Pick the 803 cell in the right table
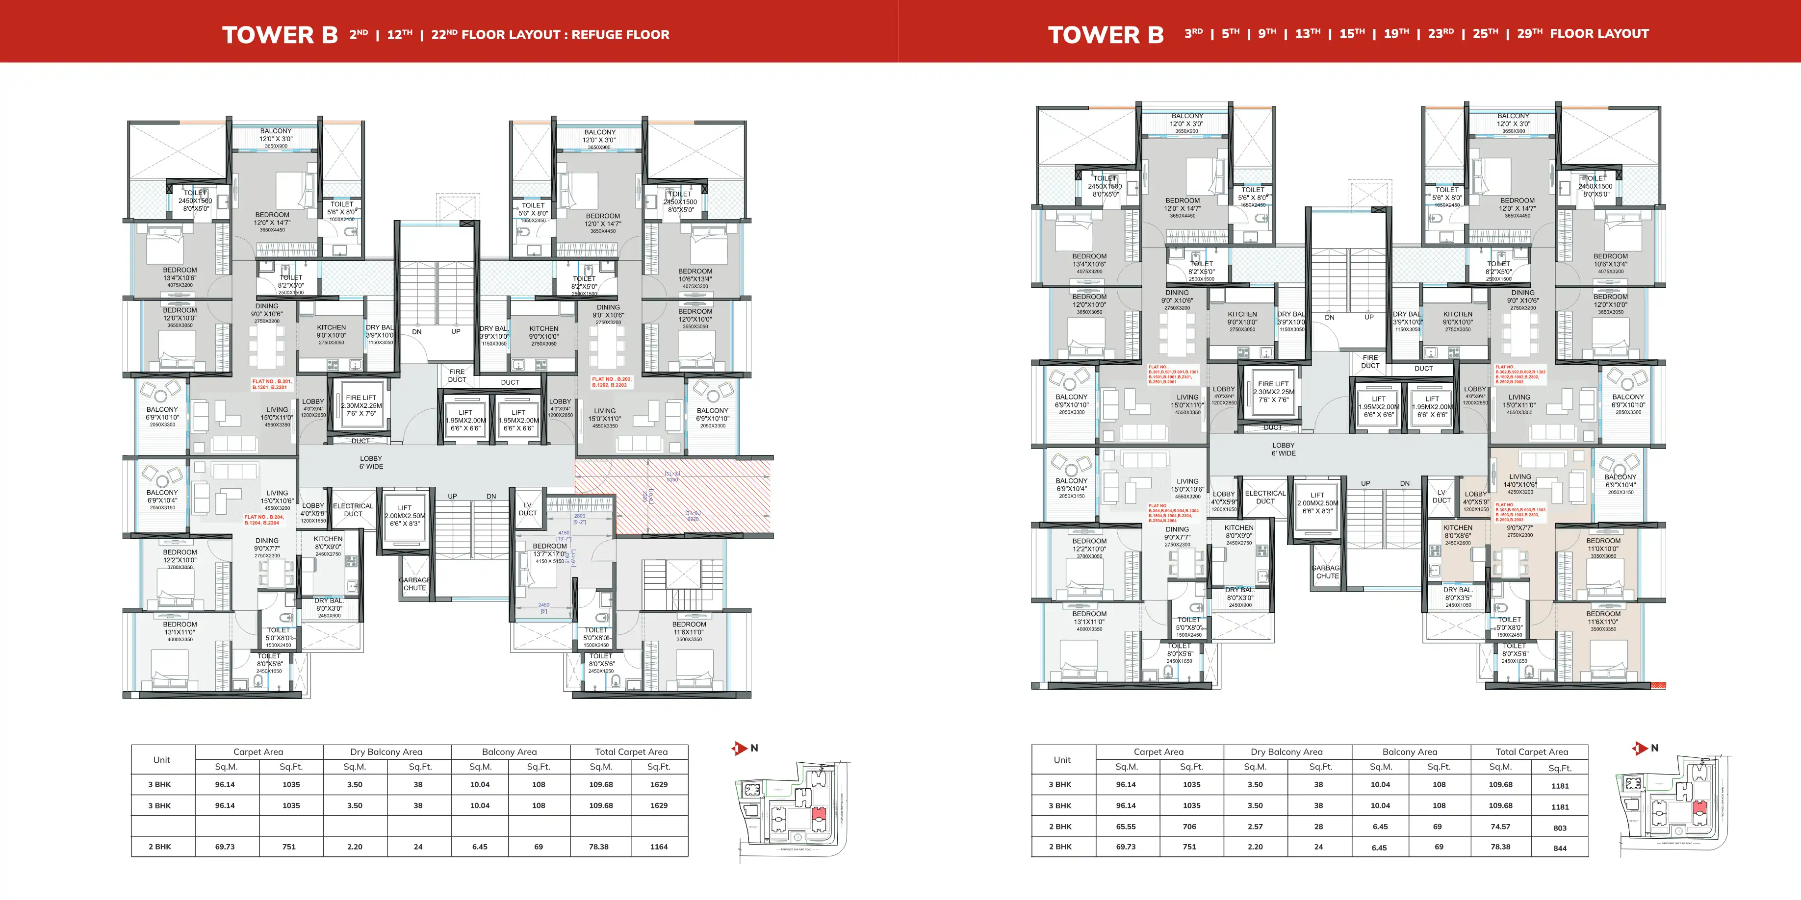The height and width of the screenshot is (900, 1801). tap(1560, 828)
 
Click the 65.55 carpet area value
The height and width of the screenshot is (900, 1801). tap(1126, 826)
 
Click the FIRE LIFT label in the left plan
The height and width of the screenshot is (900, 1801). tap(361, 398)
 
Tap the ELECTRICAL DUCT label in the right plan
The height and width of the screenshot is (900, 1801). tap(1265, 497)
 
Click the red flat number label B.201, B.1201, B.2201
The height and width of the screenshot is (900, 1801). tap(272, 384)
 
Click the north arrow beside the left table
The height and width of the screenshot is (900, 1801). tap(740, 749)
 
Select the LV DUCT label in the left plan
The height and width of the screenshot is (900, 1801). tap(527, 509)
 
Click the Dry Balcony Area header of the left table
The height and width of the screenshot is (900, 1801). tap(386, 752)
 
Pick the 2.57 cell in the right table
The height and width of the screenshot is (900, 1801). tap(1255, 826)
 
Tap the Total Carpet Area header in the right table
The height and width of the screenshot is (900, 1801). tap(1531, 752)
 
